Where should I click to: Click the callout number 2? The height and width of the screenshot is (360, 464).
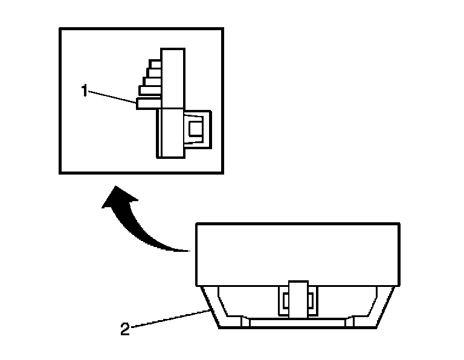tap(125, 329)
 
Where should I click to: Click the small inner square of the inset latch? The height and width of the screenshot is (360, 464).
tap(196, 128)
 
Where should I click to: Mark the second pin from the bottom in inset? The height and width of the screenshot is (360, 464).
tap(149, 91)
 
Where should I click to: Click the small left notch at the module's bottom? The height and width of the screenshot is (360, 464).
tap(245, 323)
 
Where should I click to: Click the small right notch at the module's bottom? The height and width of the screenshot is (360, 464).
tap(349, 323)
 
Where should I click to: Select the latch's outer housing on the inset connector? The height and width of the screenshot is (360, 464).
tap(205, 128)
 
